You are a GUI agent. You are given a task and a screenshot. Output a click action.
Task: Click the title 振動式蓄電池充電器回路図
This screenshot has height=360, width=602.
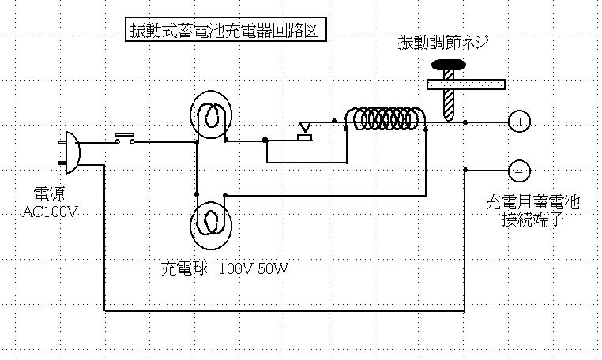click(226, 30)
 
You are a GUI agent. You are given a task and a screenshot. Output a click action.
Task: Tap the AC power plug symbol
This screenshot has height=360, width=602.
click(69, 152)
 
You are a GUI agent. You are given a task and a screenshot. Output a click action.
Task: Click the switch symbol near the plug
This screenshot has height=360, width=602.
click(125, 139)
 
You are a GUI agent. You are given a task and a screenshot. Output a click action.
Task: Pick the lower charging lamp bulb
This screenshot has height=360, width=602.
click(211, 223)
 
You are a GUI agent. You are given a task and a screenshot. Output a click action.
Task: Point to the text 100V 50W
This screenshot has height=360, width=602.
click(254, 268)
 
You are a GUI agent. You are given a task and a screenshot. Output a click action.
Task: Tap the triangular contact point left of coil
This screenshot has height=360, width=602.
click(305, 127)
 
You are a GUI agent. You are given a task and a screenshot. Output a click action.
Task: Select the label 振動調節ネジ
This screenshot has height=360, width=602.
click(444, 43)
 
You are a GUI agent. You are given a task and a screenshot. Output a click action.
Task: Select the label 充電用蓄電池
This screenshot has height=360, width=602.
click(532, 203)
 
